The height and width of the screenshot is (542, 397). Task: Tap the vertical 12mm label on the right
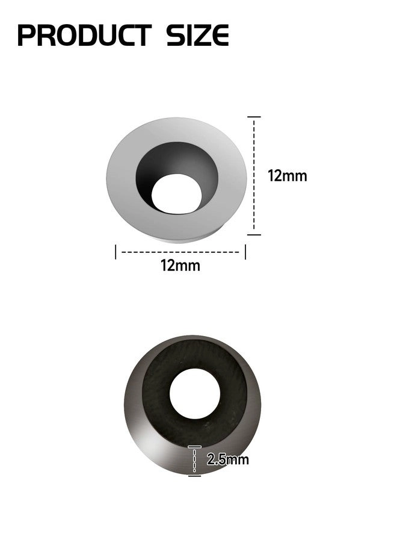(x=287, y=176)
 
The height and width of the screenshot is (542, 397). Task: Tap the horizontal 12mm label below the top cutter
(x=180, y=265)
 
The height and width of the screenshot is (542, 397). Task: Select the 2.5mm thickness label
(x=227, y=460)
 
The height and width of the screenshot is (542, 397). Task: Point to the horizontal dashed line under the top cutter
(x=180, y=252)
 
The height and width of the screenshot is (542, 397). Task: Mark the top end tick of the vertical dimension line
(x=254, y=117)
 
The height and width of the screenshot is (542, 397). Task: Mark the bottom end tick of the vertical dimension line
(x=254, y=234)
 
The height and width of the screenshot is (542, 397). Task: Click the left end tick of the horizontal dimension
(x=115, y=252)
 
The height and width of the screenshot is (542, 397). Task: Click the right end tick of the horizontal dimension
(x=245, y=252)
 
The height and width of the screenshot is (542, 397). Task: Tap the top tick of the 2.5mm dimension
(x=194, y=447)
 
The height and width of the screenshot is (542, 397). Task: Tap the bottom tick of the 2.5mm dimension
(x=194, y=475)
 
